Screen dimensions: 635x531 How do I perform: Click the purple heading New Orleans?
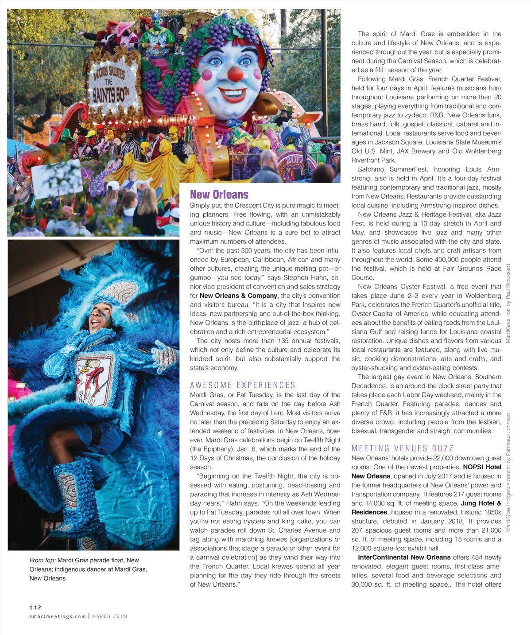pos(219,195)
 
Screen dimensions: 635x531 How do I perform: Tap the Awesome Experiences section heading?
pos(243,385)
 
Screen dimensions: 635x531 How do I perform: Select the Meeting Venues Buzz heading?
pos(402,448)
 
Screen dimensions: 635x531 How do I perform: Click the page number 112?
pos(35,608)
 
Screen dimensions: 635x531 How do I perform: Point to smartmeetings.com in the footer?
pos(58,616)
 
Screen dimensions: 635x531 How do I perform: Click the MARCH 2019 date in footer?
pos(109,616)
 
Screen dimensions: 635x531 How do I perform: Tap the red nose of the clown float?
pos(236,74)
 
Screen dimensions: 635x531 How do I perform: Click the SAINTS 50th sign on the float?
pos(109,91)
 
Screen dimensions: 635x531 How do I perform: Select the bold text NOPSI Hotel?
pos(482,467)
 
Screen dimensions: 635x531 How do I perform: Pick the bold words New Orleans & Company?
pos(238,296)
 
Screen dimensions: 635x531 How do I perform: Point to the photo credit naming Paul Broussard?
pos(508,304)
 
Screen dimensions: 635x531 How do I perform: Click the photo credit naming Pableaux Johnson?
pos(508,472)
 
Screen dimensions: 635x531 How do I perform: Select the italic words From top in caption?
pos(43,560)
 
